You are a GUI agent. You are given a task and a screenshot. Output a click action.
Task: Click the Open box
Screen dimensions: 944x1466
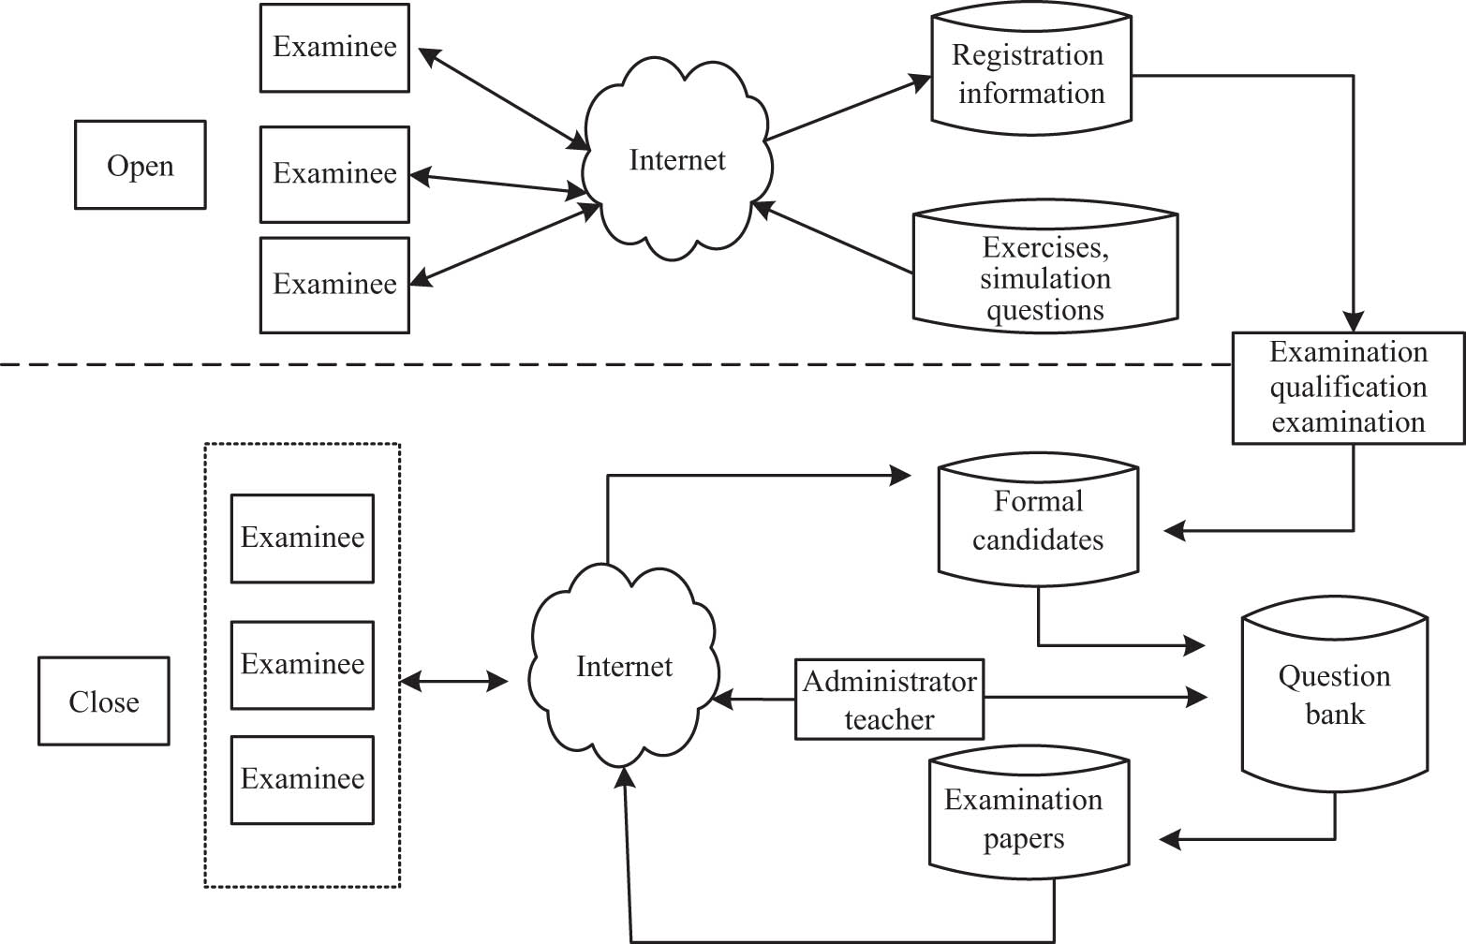tap(140, 165)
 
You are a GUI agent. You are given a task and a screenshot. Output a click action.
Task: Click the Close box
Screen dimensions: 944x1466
tap(103, 701)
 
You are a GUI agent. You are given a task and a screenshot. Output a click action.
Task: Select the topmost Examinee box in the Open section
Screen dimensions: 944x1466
tap(334, 47)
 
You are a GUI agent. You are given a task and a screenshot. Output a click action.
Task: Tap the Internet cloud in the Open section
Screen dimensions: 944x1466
tap(676, 160)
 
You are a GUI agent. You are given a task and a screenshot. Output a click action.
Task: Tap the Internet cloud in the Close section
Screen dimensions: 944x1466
tap(624, 666)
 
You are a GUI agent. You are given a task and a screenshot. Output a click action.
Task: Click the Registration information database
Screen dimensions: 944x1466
tap(1030, 75)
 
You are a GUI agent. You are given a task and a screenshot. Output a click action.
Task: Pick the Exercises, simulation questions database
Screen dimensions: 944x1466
tap(1044, 277)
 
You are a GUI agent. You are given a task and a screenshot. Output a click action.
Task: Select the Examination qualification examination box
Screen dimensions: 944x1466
tap(1348, 387)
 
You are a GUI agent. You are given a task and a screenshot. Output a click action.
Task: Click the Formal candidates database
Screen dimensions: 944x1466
tap(1038, 521)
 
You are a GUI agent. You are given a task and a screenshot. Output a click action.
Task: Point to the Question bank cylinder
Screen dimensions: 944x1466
tap(1334, 695)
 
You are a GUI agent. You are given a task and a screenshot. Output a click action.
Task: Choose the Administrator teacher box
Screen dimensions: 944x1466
tap(889, 700)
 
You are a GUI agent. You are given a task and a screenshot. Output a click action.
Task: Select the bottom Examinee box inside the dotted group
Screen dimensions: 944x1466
tap(302, 779)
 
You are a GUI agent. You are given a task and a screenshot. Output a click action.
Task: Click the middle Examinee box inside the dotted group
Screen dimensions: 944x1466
tap(302, 664)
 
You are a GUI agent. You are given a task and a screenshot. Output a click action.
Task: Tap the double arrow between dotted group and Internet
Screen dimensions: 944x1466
tap(453, 681)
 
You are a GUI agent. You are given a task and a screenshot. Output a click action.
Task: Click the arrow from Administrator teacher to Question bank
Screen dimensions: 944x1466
tap(1096, 697)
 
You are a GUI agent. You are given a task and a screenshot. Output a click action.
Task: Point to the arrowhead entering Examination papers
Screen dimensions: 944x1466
tap(1171, 839)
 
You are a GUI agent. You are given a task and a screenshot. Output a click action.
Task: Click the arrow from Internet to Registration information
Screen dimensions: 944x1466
tap(843, 110)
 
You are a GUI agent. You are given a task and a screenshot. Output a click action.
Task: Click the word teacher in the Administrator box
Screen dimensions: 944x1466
tap(889, 719)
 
